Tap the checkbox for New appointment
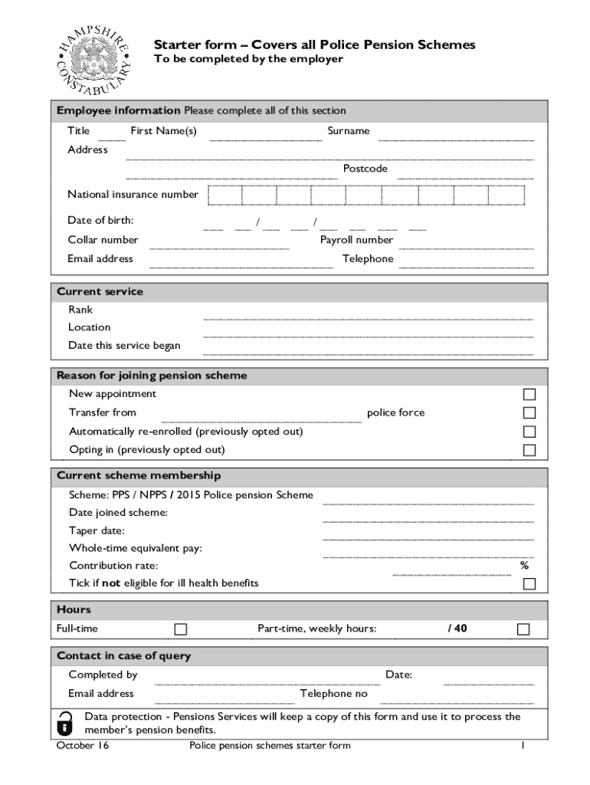pyautogui.click(x=529, y=395)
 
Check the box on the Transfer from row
pyautogui.click(x=529, y=413)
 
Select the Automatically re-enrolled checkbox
pyautogui.click(x=529, y=432)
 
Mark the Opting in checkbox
pyautogui.click(x=529, y=451)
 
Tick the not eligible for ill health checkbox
pyautogui.click(x=529, y=584)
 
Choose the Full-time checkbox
pyautogui.click(x=181, y=629)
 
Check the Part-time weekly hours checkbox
pyautogui.click(x=523, y=629)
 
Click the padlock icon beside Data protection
pyautogui.click(x=66, y=723)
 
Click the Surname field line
pyautogui.click(x=456, y=138)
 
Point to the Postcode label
pyautogui.click(x=365, y=169)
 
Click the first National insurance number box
pyautogui.click(x=224, y=195)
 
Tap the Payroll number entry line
pyautogui.click(x=466, y=247)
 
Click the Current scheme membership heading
pyautogui.click(x=139, y=475)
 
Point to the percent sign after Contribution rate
pyautogui.click(x=524, y=566)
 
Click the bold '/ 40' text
pyautogui.click(x=457, y=629)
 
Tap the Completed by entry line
pyautogui.click(x=267, y=682)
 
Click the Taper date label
pyautogui.click(x=97, y=530)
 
